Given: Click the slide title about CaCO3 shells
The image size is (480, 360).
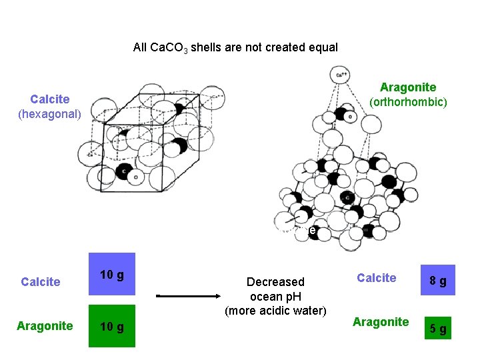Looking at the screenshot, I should [235, 47].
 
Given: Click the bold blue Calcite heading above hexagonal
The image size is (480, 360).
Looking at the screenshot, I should [50, 99].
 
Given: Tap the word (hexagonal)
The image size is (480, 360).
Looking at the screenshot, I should [49, 114].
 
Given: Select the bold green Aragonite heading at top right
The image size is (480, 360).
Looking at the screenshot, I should [408, 87].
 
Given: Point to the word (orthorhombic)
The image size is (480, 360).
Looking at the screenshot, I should [408, 102].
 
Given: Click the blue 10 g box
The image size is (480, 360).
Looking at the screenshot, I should [113, 274].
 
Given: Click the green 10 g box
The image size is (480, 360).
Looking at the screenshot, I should [113, 326].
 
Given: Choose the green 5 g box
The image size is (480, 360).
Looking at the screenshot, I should [438, 328].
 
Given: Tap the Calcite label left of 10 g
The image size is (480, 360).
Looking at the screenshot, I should [41, 282].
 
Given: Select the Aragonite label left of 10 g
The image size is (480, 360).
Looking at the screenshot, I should [45, 326].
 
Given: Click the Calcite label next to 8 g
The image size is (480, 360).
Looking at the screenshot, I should [377, 278].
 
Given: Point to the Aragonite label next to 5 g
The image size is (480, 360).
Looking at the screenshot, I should [381, 322].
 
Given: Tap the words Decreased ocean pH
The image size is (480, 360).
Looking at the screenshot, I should [275, 289].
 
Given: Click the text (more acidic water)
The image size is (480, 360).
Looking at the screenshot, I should [275, 310].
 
